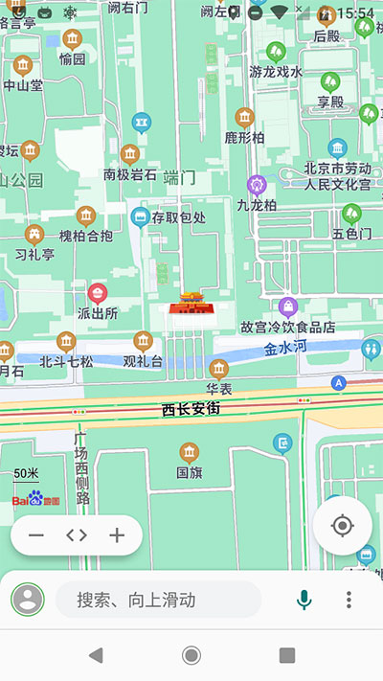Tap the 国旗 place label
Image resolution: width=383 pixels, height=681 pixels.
189,472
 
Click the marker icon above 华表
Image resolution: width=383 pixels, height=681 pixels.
219,369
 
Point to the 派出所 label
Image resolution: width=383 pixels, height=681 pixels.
97,313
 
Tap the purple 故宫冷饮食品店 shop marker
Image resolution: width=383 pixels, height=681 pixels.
288,306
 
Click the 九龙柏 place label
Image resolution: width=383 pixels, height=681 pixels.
257,205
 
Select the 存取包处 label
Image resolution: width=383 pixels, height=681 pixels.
179,217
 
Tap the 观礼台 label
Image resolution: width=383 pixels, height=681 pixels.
143,362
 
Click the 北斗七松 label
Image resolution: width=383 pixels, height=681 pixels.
66,362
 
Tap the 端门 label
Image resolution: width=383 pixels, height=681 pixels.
179,176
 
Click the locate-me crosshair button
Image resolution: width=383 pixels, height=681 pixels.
342,526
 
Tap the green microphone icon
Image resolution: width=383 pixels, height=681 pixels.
304,600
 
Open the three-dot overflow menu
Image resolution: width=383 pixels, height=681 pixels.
349,600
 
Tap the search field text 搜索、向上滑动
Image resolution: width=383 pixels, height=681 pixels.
136,600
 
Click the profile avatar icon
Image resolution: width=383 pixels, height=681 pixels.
28,600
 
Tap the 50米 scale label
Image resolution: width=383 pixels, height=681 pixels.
27,473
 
